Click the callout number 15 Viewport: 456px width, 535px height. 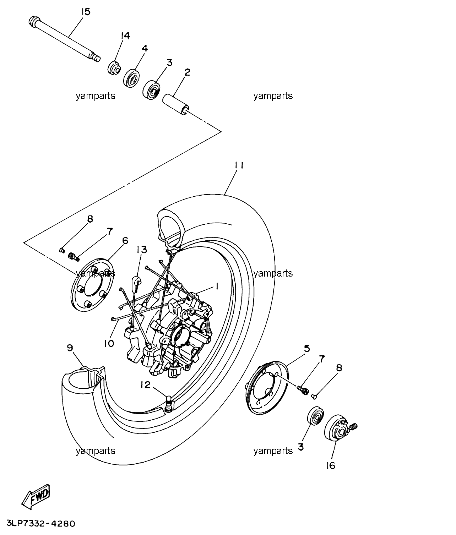click(x=86, y=12)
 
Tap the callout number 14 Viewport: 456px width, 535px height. click(x=125, y=36)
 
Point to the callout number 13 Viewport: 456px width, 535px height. click(x=142, y=250)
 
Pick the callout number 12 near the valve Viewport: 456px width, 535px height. click(x=146, y=385)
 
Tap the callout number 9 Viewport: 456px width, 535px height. click(x=70, y=348)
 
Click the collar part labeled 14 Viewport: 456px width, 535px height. click(x=114, y=68)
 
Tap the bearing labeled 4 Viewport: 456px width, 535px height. click(x=131, y=78)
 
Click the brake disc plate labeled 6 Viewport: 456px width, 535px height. click(x=92, y=285)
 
